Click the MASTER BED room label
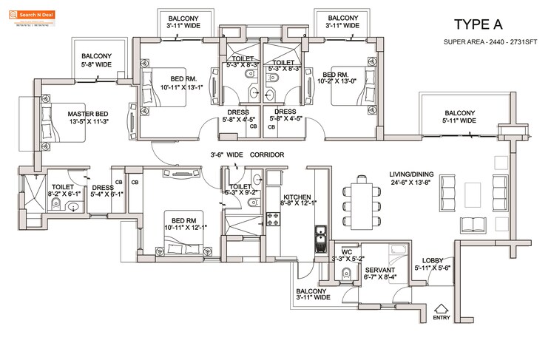coord(78,114)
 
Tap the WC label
coord(346,251)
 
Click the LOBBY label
coord(433,261)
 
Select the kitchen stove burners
coord(271,219)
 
